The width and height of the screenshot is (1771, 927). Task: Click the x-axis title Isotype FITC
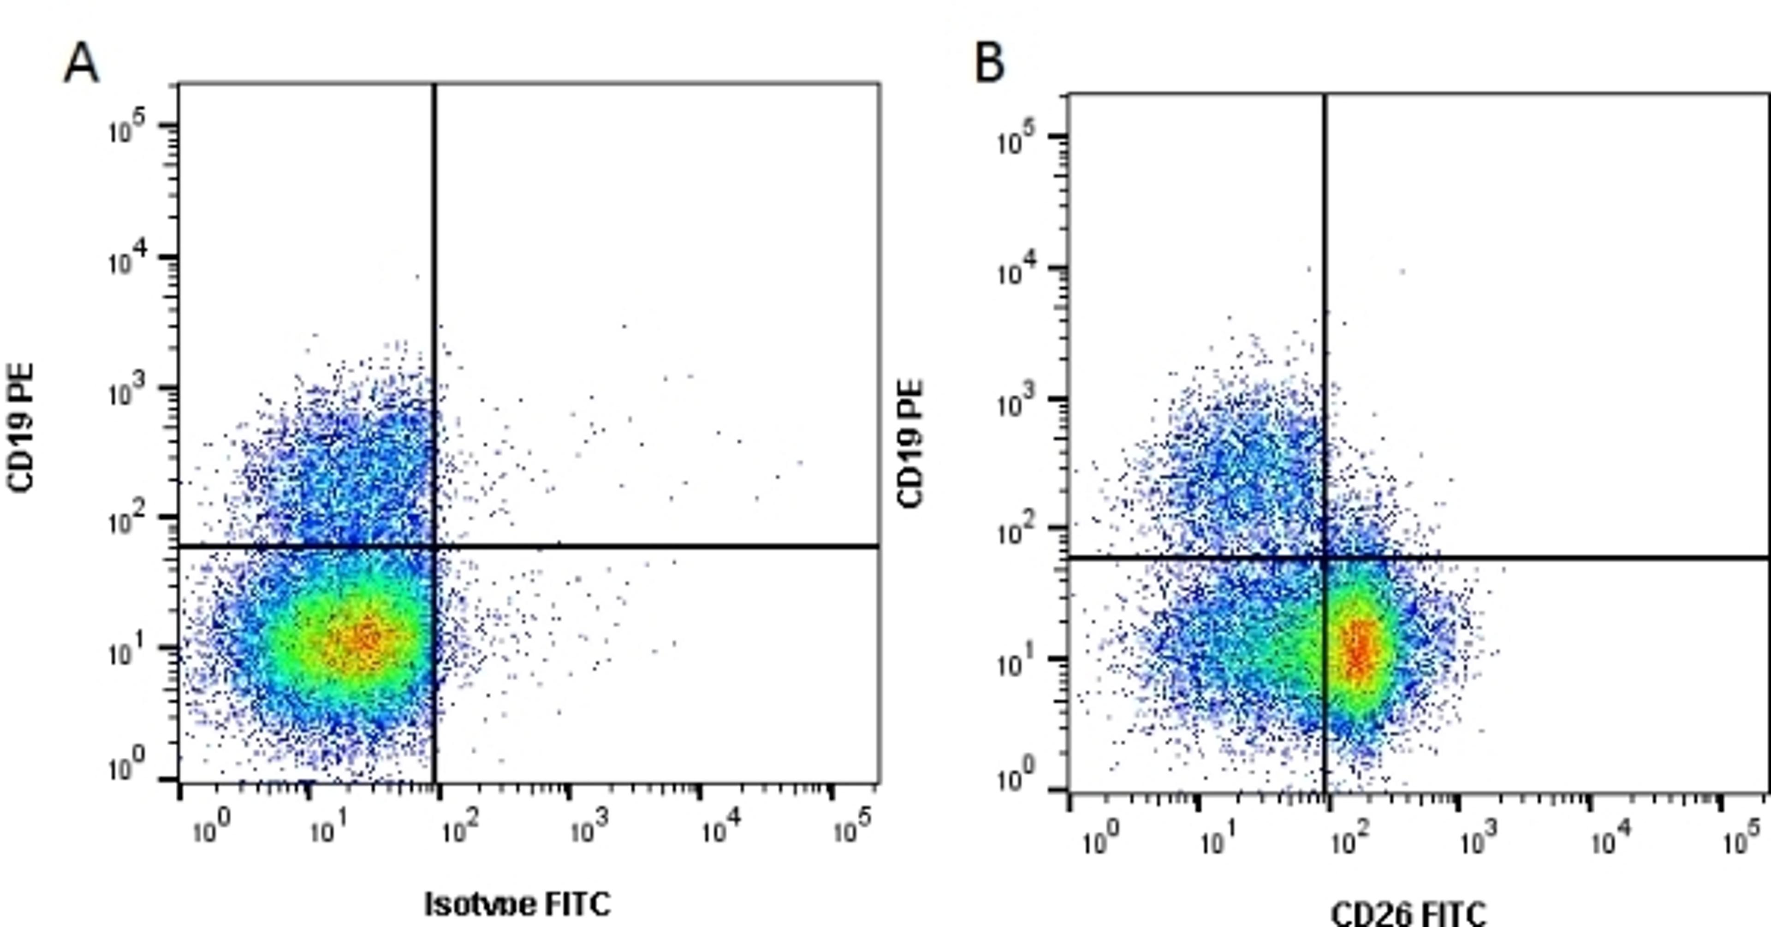[517, 903]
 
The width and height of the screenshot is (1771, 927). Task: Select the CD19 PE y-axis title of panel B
[911, 444]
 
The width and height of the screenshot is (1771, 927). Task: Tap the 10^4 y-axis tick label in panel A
[131, 260]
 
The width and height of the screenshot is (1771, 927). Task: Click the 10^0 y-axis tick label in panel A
[131, 769]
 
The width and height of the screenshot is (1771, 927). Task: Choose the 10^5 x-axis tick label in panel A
[852, 829]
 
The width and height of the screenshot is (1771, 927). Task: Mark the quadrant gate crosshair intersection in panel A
[434, 547]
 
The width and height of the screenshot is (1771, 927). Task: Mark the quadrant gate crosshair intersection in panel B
[1325, 558]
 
